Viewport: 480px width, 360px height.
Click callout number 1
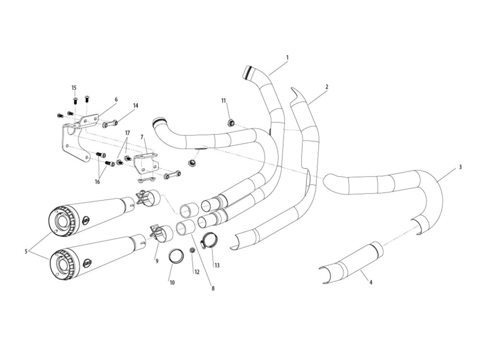287,58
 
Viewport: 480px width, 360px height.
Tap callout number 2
327,87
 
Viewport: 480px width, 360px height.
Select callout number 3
460,167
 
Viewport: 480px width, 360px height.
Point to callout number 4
371,282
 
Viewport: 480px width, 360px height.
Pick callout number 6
116,99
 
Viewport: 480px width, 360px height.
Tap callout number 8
213,288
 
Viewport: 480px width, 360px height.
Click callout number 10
172,283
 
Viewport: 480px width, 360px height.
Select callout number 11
223,100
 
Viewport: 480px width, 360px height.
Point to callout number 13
217,265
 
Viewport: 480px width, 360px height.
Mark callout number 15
74,88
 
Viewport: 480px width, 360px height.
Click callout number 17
127,132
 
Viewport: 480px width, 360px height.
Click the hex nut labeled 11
230,122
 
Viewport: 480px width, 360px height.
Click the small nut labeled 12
192,250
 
